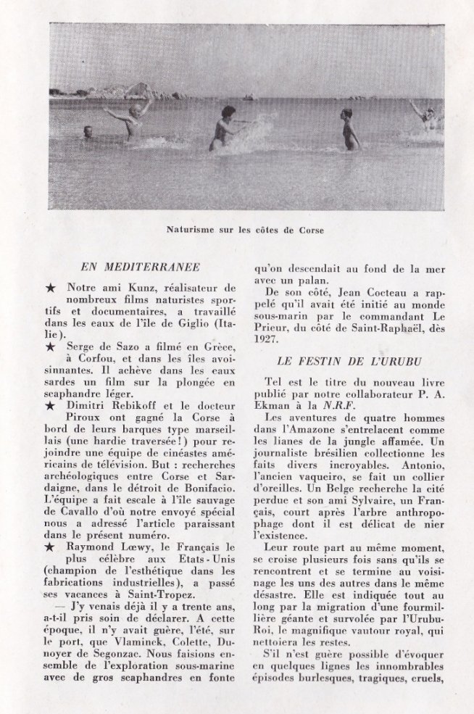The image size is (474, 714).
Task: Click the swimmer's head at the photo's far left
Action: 88,131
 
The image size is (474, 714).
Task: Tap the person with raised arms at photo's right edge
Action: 425,115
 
